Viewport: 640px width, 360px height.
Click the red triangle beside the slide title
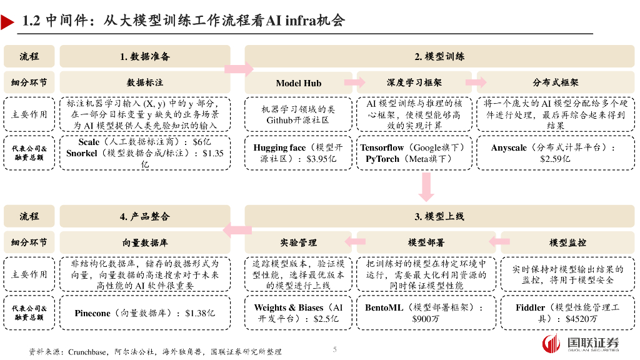(x=7, y=22)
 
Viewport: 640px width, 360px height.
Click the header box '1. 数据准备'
(x=145, y=56)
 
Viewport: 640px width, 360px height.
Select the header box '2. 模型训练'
(x=439, y=56)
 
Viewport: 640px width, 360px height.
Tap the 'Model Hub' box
(x=298, y=82)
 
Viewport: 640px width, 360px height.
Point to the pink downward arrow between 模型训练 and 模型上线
(x=427, y=186)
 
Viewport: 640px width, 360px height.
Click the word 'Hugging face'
(x=279, y=147)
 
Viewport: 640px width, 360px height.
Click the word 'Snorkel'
(x=82, y=152)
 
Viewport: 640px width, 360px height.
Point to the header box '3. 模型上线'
(x=439, y=216)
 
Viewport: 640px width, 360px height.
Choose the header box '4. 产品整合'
(x=145, y=216)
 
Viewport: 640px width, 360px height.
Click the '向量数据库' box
(x=145, y=242)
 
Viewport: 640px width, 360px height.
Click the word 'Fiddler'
(x=530, y=307)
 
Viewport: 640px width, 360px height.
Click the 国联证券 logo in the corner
(x=581, y=344)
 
